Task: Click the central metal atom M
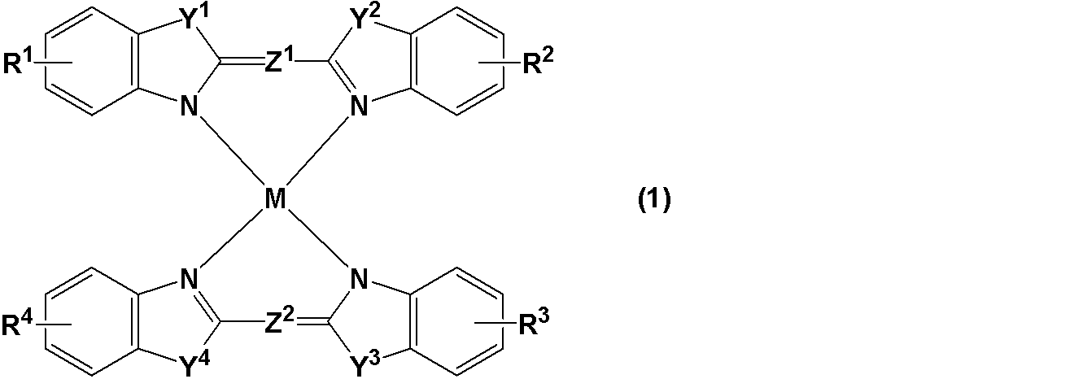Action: point(275,198)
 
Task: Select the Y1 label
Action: point(194,20)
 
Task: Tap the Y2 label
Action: point(365,20)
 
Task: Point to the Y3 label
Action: point(365,364)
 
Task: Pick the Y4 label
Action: point(195,364)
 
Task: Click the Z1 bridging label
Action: point(279,61)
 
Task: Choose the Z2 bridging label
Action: point(279,321)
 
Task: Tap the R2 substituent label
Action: point(538,61)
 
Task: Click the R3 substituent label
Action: point(534,323)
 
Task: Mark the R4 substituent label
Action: point(17,323)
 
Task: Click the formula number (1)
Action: point(654,200)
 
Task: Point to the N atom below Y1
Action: point(190,106)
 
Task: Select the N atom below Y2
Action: point(359,106)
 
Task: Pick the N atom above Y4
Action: point(190,278)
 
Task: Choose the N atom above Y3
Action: point(359,278)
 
